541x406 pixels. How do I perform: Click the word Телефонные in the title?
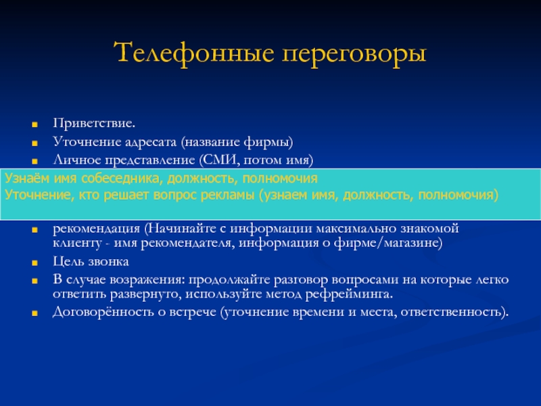click(194, 53)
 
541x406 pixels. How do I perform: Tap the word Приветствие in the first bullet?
click(93, 124)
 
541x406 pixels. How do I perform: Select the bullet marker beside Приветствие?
click(34, 125)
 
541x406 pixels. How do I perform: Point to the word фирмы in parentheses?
click(268, 142)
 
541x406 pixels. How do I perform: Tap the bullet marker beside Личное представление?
click(34, 161)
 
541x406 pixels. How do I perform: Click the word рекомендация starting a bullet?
click(97, 229)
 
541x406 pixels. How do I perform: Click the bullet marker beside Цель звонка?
click(34, 263)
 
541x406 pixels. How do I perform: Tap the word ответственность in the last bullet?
click(450, 312)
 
